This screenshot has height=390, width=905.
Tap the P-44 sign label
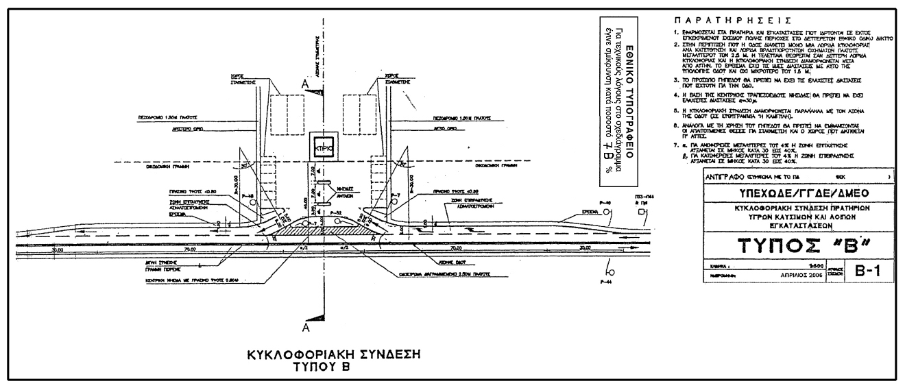click(x=605, y=282)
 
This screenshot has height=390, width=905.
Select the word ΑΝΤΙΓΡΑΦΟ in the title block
click(x=722, y=175)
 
